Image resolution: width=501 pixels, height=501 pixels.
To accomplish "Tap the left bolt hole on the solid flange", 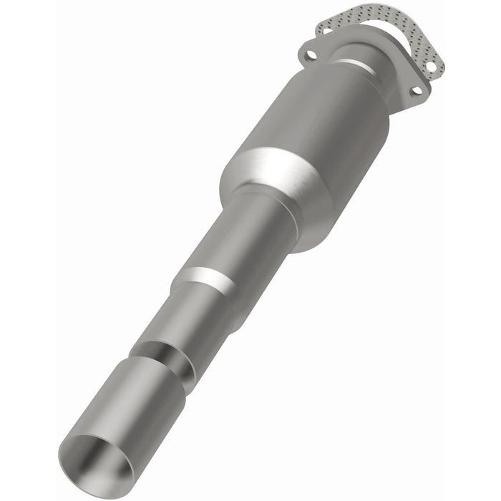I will (x=310, y=51).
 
